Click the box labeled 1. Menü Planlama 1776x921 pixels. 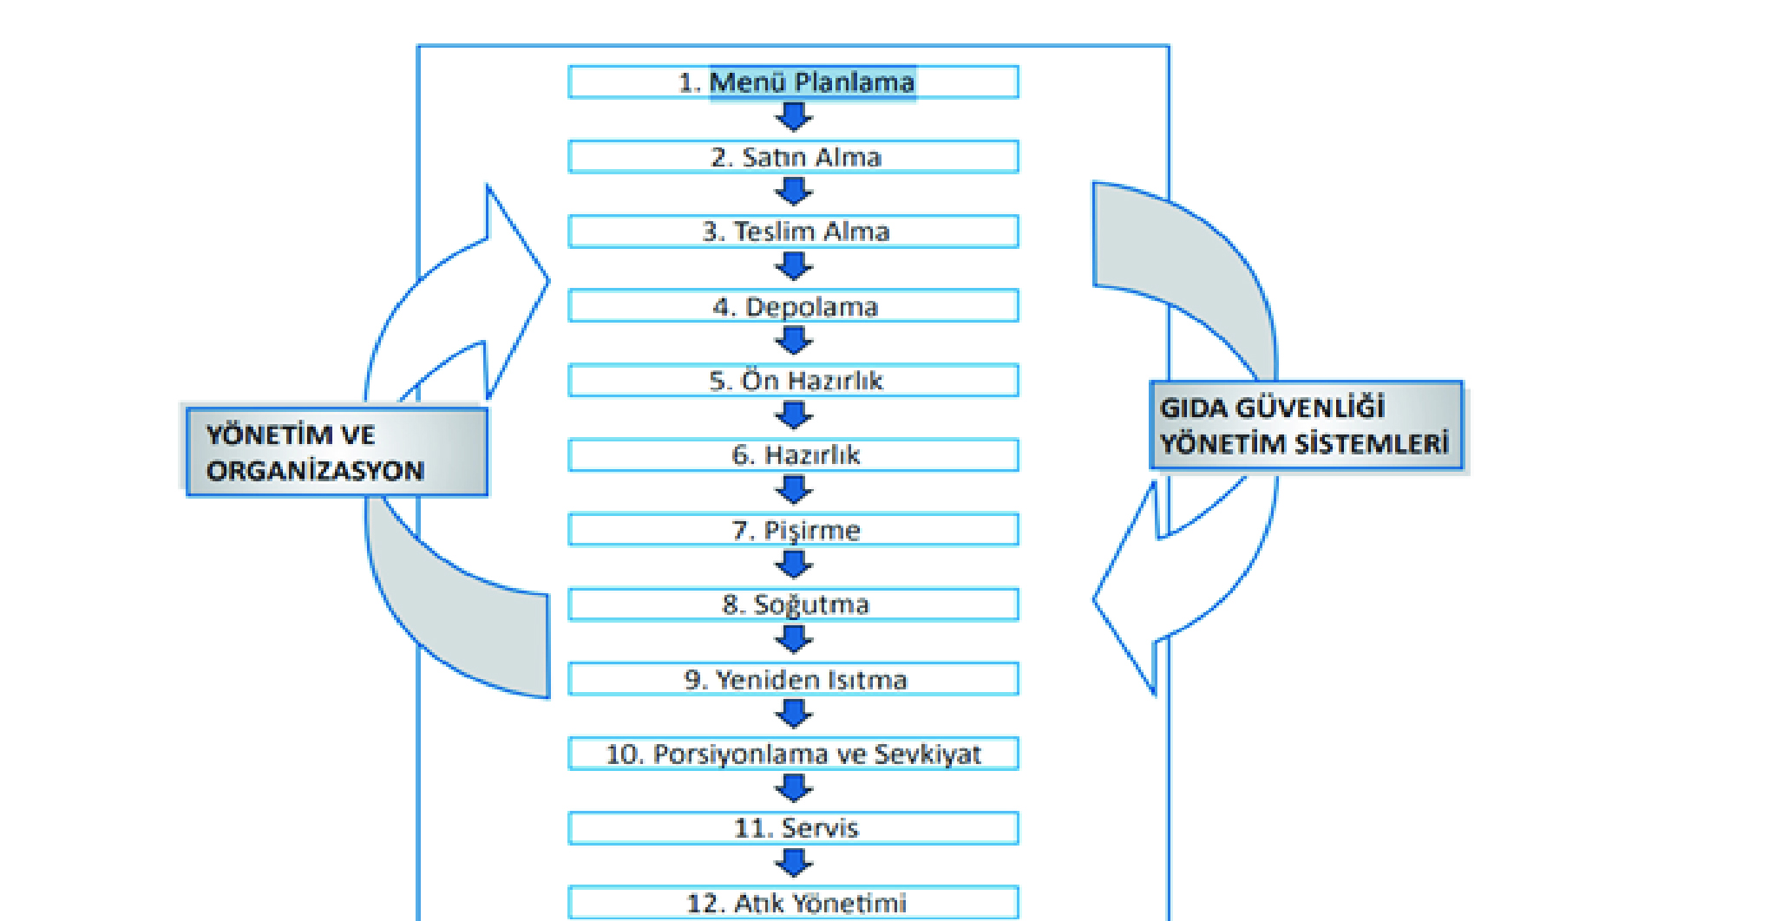793,82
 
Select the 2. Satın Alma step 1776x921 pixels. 793,157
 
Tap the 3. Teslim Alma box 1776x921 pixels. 793,232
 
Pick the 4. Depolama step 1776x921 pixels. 793,306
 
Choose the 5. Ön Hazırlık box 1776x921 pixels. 793,381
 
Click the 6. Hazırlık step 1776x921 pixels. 793,455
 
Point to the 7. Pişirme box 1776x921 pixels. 793,530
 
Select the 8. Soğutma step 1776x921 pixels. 793,604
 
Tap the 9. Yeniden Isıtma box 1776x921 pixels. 793,679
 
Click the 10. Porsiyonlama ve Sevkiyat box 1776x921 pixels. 793,754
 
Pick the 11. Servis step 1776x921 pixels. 793,828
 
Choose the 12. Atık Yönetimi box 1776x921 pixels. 793,903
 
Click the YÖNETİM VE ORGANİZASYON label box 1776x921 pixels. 337,452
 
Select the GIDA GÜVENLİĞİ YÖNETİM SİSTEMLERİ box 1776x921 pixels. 1306,426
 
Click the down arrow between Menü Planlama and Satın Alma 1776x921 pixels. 793,117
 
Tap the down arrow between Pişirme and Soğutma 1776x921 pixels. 793,565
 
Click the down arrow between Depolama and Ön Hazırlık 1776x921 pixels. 793,341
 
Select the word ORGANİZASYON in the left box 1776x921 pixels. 315,471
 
